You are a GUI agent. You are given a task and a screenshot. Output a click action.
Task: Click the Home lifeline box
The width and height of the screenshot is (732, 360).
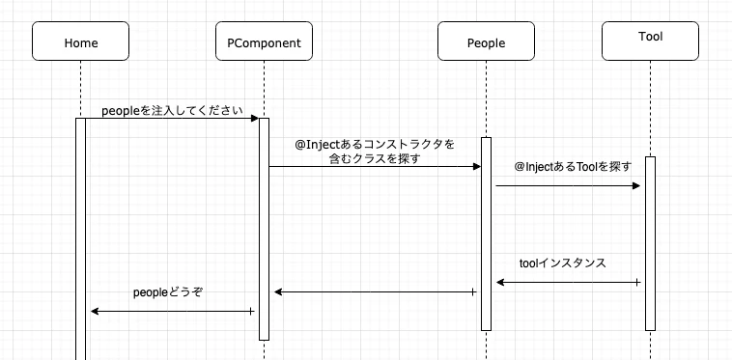80,42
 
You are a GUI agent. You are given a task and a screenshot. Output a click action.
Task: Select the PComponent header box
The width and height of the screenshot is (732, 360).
264,42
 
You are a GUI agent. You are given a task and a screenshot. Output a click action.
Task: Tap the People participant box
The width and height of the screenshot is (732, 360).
486,42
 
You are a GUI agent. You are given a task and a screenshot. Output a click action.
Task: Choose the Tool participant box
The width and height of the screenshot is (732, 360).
650,39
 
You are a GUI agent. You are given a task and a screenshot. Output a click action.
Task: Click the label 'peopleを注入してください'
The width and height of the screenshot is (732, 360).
171,110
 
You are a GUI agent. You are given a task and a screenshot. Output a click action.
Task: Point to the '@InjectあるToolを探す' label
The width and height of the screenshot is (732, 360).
573,167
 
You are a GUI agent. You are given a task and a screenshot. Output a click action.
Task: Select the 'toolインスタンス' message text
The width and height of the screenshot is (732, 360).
563,263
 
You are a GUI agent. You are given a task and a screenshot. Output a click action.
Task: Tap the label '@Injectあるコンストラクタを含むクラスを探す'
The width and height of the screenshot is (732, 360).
375,152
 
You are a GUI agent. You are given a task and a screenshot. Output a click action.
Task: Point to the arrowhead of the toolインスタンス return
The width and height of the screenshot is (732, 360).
500,282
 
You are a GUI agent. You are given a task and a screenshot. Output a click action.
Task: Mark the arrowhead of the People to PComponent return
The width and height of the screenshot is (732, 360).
278,291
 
